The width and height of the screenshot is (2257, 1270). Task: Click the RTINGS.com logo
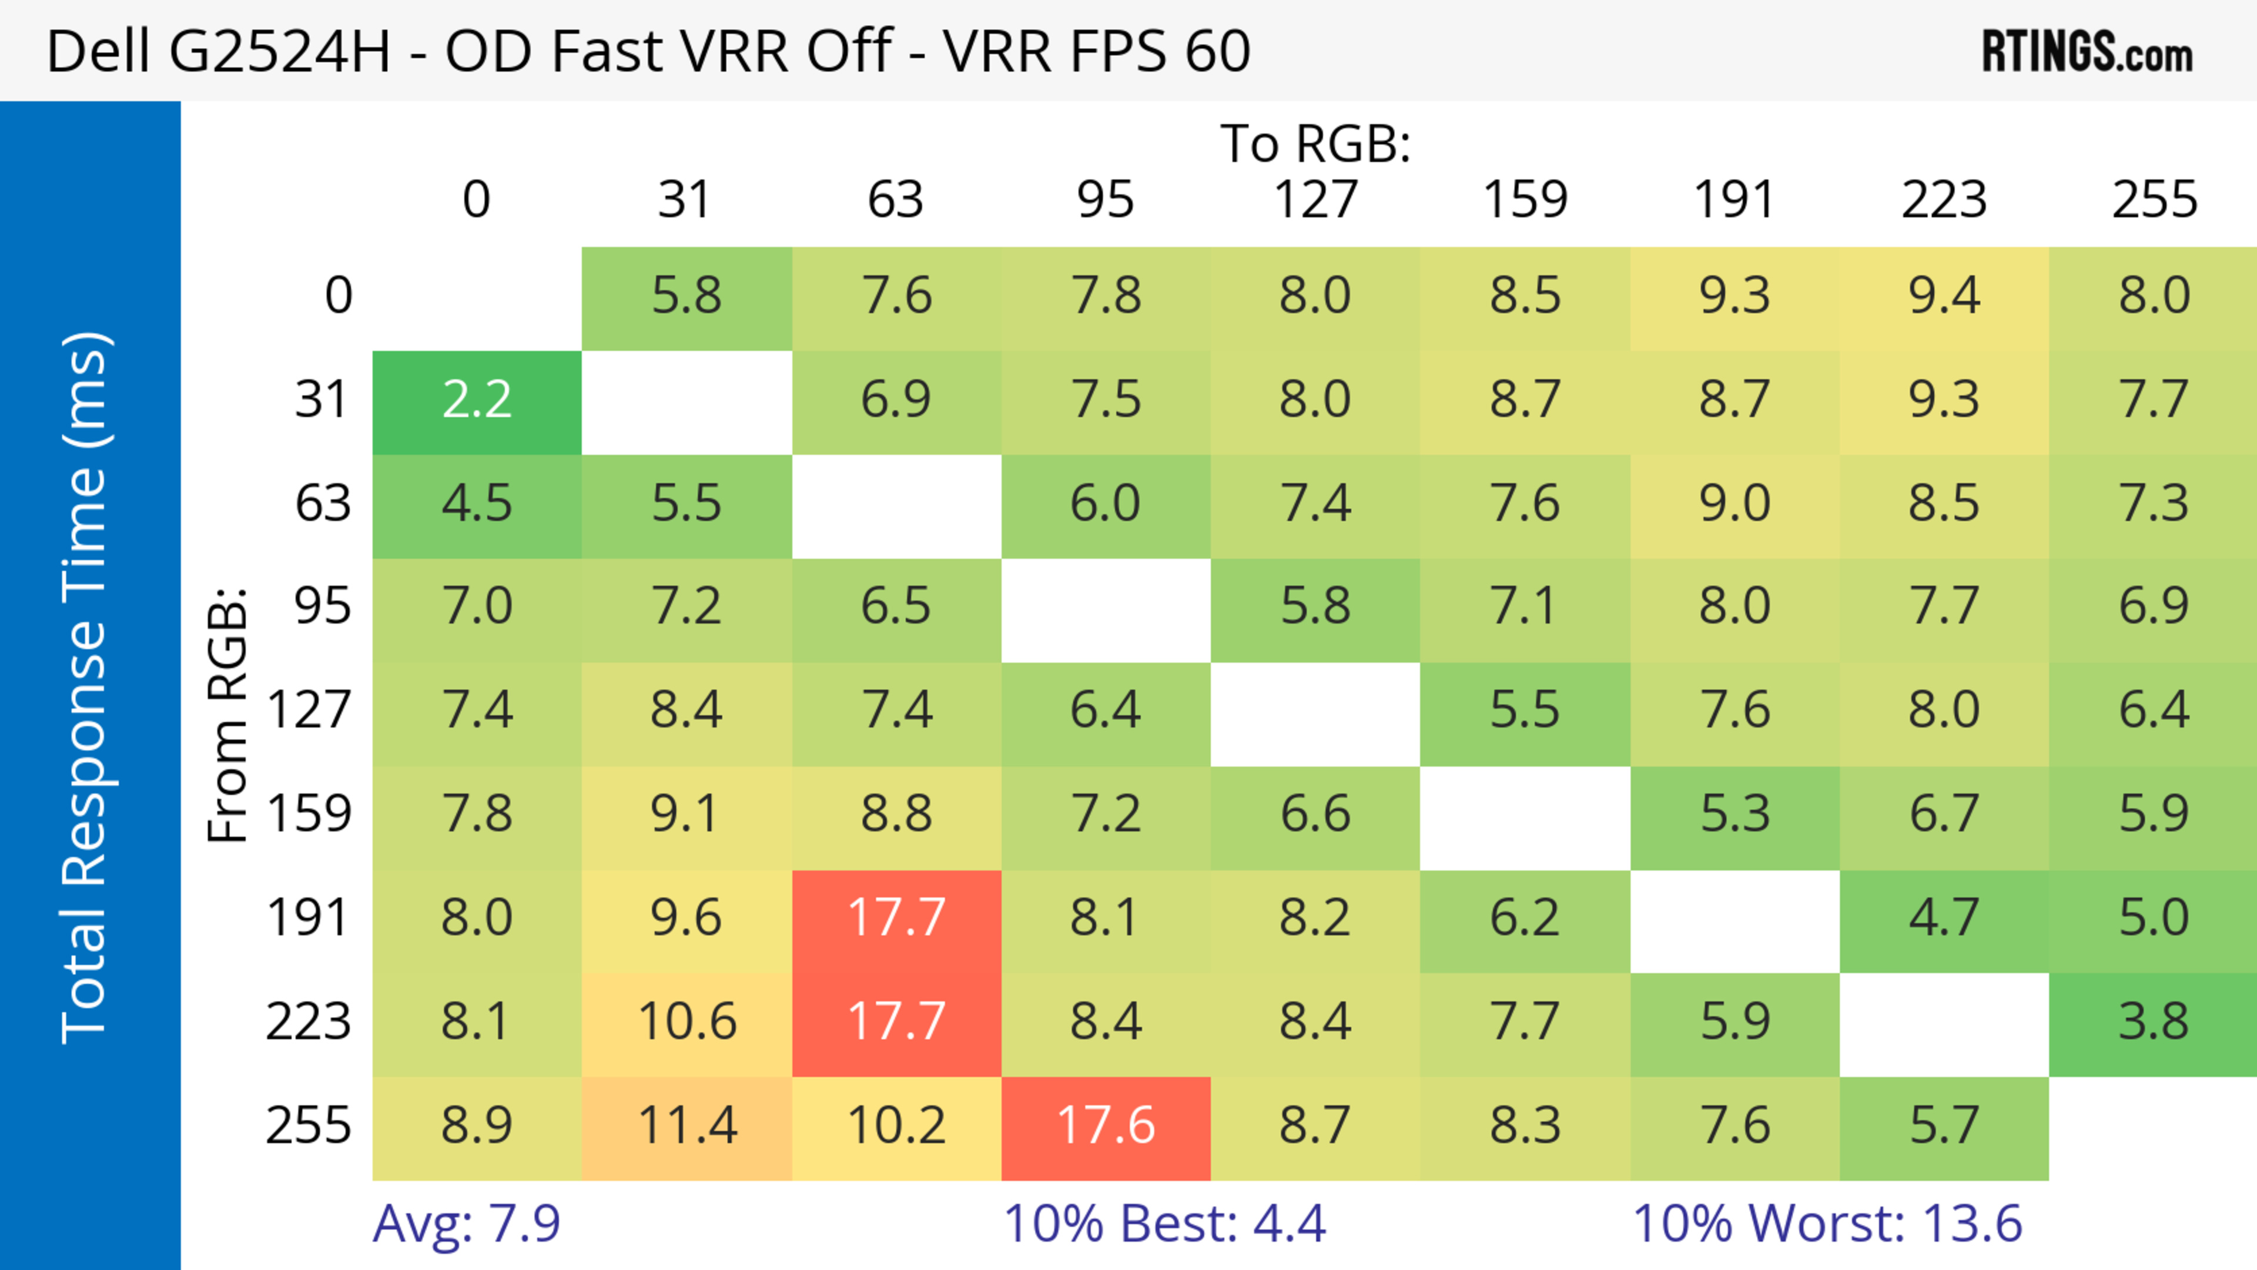click(x=2087, y=51)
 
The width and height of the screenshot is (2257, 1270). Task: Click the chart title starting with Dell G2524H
click(x=648, y=51)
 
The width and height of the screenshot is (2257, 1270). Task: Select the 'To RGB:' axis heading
click(x=1315, y=143)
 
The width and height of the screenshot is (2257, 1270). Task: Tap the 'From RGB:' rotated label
click(x=228, y=715)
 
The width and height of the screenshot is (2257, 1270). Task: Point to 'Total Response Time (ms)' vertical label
click(x=86, y=688)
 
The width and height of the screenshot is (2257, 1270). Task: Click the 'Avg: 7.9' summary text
click(x=466, y=1224)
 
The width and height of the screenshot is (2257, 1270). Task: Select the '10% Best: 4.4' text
click(x=1164, y=1224)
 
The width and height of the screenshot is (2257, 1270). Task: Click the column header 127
click(x=1315, y=200)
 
